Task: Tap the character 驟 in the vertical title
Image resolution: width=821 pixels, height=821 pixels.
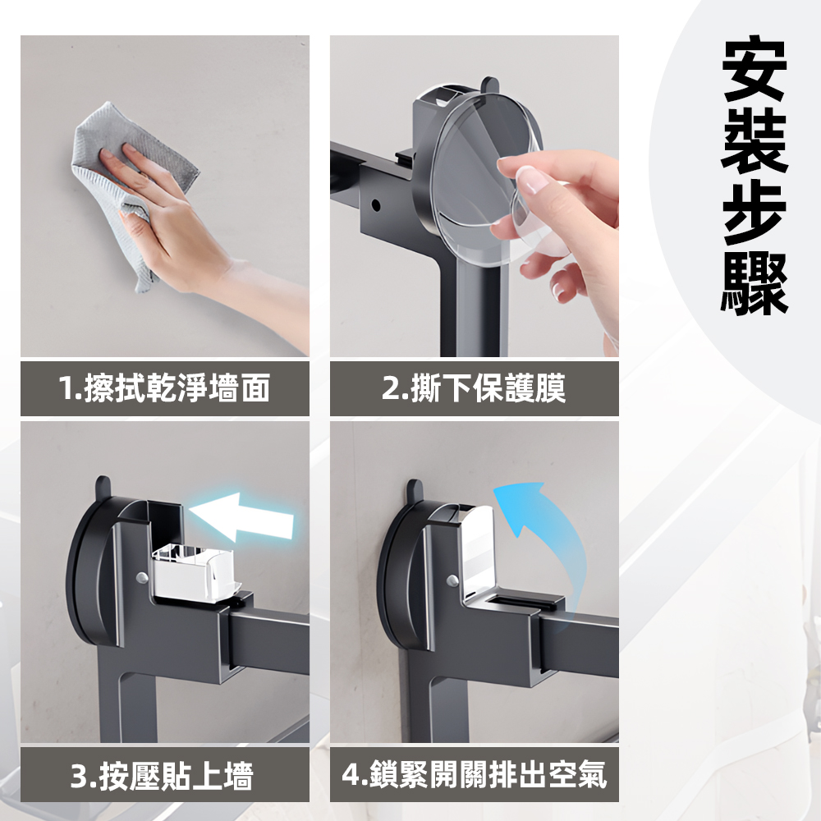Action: pyautogui.click(x=754, y=283)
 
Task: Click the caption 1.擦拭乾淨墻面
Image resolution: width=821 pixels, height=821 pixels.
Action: pyautogui.click(x=164, y=388)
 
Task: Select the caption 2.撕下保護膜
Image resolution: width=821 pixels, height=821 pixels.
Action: pyautogui.click(x=474, y=388)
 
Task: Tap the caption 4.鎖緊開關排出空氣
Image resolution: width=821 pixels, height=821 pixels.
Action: pyautogui.click(x=475, y=774)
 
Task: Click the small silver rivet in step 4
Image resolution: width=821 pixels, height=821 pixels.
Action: pyautogui.click(x=451, y=580)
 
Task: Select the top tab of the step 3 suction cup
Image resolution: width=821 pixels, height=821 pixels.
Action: pyautogui.click(x=103, y=486)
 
